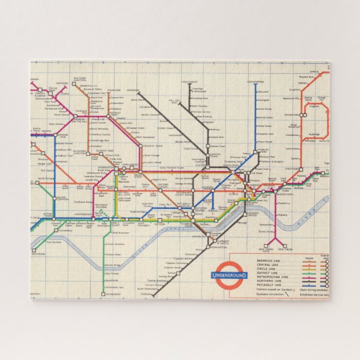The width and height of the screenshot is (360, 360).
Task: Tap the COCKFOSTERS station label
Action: click(255, 82)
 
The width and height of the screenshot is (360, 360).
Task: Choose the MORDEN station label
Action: click(146, 293)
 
